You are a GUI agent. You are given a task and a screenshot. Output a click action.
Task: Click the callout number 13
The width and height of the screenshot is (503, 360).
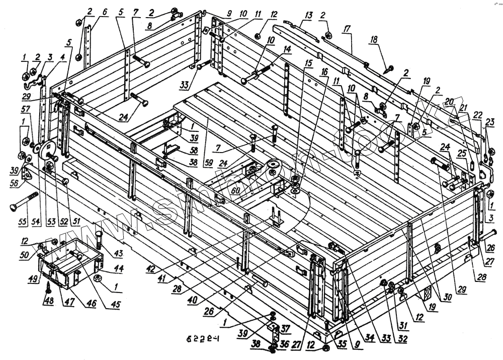coord(307,16)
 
